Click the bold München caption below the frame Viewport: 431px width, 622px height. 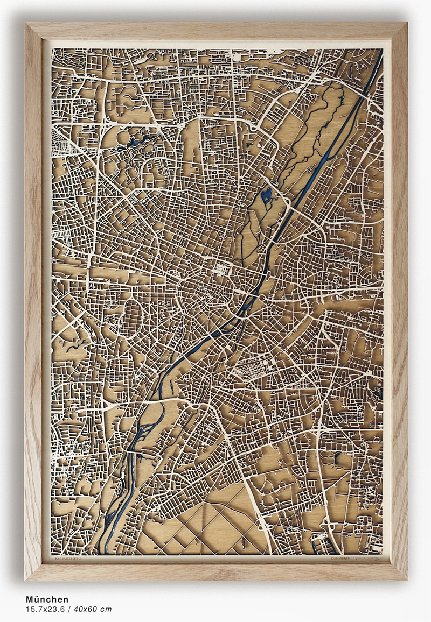[x=47, y=599]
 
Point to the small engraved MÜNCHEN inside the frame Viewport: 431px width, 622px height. [x=67, y=559]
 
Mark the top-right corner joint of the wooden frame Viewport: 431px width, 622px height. [x=398, y=32]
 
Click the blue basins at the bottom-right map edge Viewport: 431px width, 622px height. [x=318, y=543]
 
